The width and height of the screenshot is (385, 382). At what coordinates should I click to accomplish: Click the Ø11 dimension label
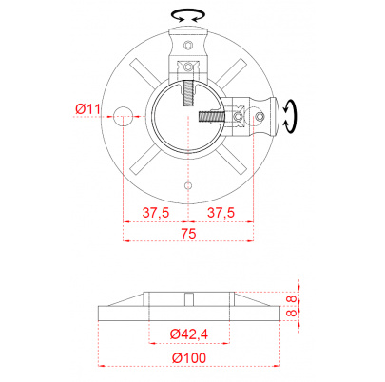click(87, 109)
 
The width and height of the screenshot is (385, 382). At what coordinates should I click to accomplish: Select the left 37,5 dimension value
click(156, 212)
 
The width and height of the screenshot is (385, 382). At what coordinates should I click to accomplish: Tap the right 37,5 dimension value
click(221, 212)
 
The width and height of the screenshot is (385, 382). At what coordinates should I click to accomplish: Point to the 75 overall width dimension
click(188, 234)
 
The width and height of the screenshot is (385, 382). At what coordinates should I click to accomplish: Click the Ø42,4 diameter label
click(189, 334)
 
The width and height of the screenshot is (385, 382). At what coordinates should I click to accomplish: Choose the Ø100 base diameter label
click(189, 357)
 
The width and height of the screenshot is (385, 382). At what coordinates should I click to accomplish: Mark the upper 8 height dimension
click(292, 298)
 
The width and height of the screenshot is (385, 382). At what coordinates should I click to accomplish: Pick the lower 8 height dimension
click(292, 313)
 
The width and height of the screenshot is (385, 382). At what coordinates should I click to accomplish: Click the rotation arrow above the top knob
click(188, 15)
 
